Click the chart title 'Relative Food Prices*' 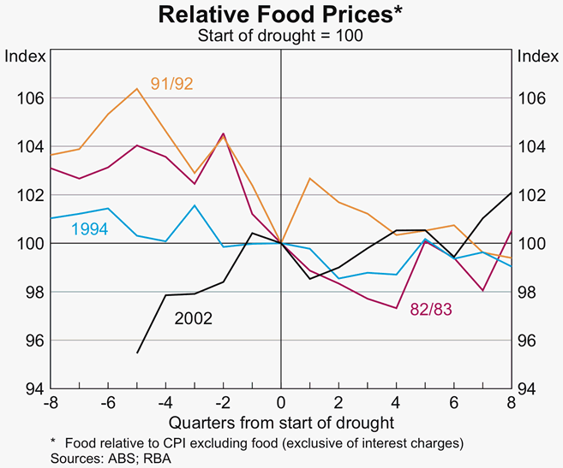coord(281,15)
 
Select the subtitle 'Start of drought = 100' coord(281,35)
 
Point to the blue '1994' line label coord(89,229)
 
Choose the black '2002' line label coord(194,318)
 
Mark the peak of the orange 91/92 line coord(137,88)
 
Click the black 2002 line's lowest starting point coord(137,352)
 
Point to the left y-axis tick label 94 coord(29,389)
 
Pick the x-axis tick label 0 coord(281,403)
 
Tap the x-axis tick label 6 coord(454,403)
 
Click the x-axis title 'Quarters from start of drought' coord(281,422)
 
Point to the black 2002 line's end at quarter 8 coord(512,193)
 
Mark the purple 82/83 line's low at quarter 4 coord(397,308)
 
